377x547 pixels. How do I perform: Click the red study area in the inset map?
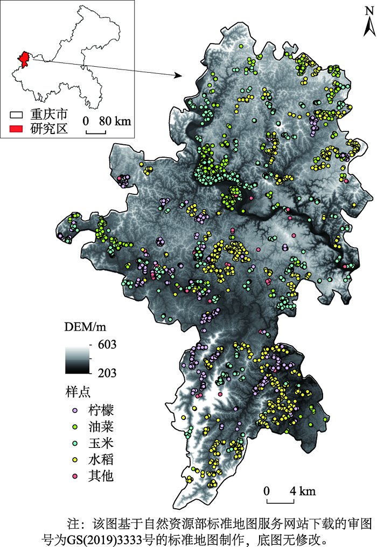[x=23, y=59]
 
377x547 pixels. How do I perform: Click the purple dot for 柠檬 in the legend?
[x=75, y=411]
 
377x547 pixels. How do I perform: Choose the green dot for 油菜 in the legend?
[x=75, y=427]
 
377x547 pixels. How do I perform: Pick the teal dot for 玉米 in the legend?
[x=75, y=443]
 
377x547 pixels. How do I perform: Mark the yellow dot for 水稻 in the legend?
[x=75, y=459]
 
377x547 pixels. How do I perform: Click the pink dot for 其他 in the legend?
[x=75, y=476]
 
